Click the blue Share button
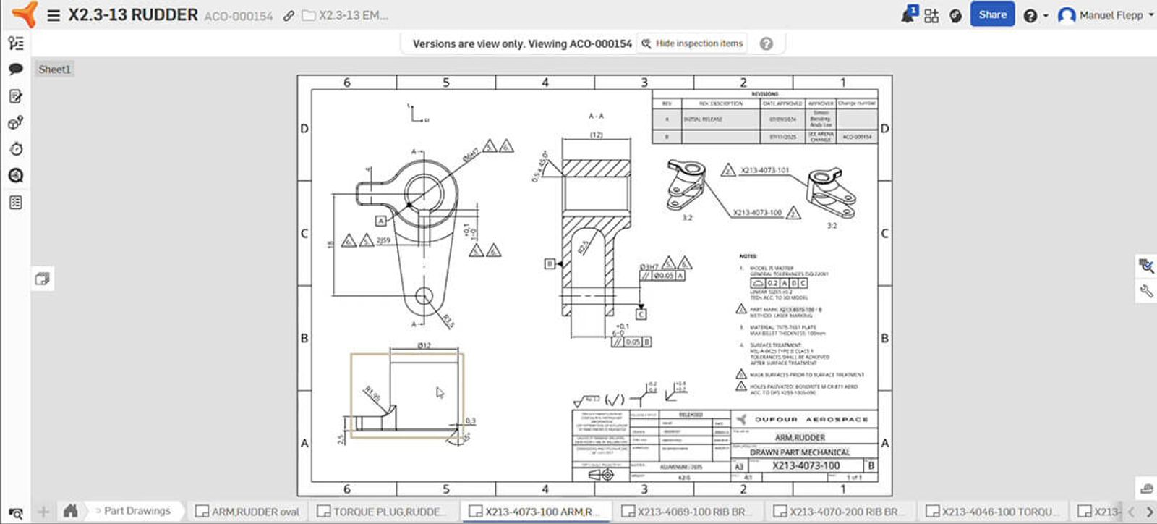992,14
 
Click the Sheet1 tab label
54,69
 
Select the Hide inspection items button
693,43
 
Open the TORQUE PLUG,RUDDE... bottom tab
383,512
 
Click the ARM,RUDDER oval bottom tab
247,512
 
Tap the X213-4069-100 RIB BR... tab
687,512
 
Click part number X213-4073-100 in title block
806,465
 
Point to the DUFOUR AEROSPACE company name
811,419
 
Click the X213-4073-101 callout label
764,170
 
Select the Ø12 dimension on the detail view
424,345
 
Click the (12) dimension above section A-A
596,135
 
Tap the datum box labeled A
380,220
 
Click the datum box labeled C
641,314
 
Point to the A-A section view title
596,116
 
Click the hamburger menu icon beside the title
54,15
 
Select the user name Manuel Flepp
1111,15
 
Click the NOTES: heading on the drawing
748,256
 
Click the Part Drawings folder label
137,511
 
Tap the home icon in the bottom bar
70,511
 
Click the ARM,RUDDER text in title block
800,437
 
